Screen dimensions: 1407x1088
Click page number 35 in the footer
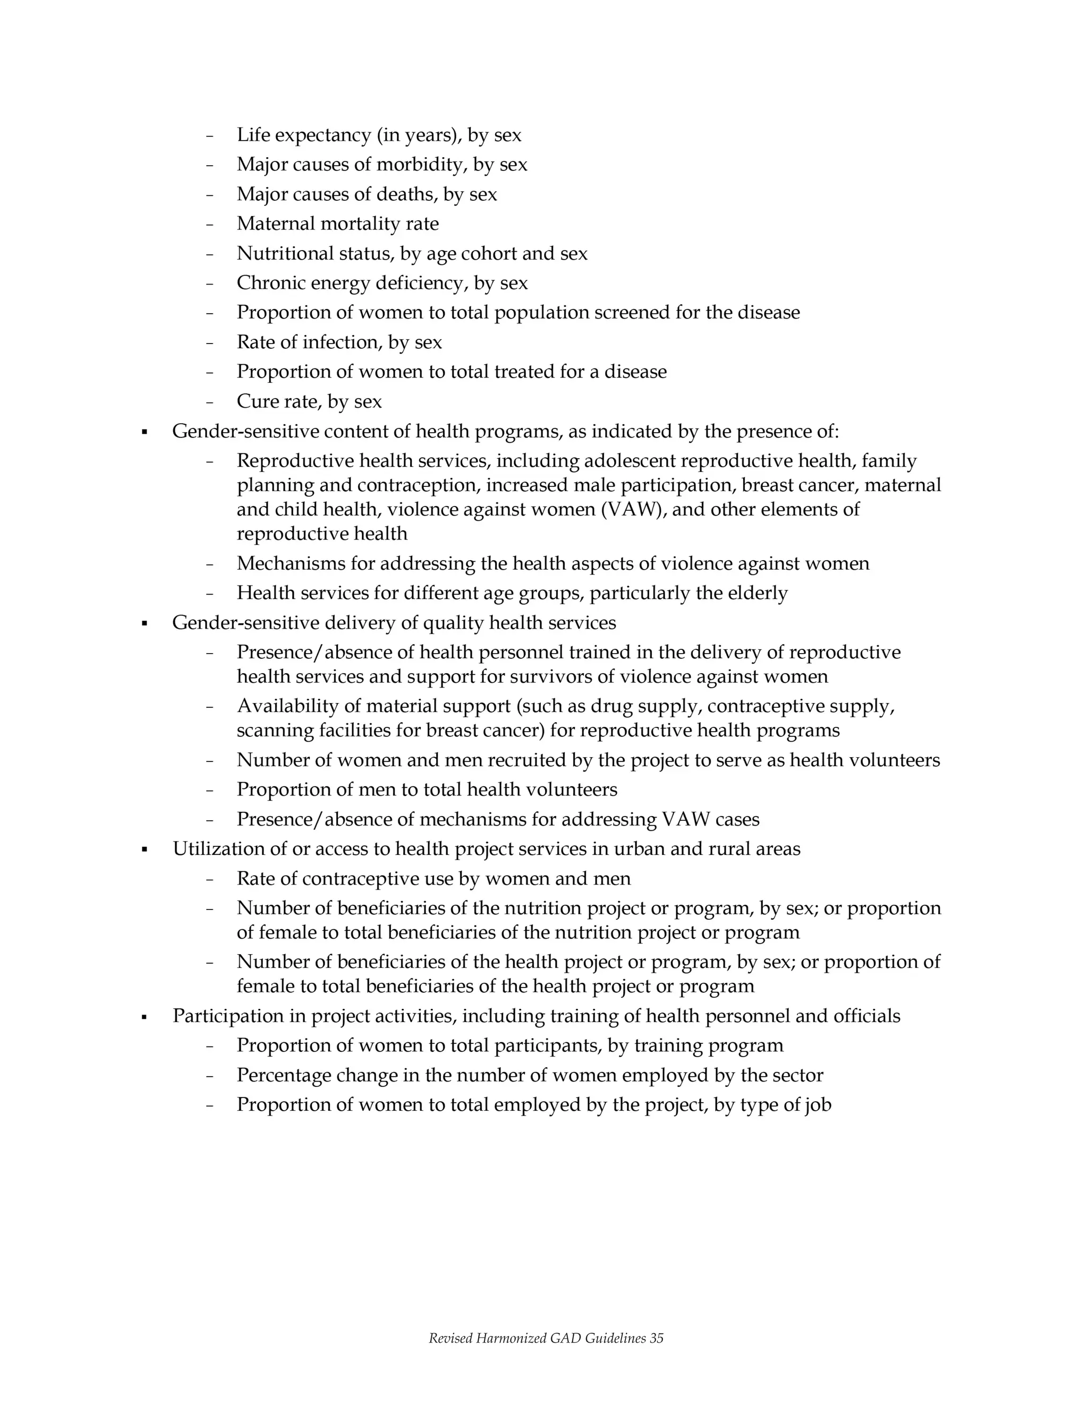click(656, 1339)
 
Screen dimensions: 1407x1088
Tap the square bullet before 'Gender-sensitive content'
click(144, 432)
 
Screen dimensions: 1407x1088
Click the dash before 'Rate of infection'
click(209, 343)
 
